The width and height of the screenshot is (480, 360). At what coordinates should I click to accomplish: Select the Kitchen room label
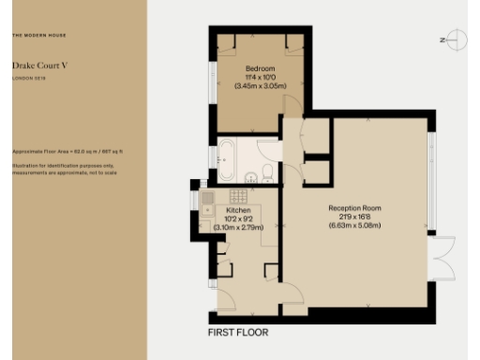[239, 211]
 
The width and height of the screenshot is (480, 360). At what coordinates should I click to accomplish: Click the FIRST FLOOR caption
[238, 333]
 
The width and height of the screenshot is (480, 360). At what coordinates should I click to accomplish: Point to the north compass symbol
[456, 39]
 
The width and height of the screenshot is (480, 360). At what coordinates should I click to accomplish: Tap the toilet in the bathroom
[267, 172]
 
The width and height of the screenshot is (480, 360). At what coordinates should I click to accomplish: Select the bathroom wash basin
[249, 178]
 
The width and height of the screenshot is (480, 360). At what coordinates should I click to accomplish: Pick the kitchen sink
[207, 199]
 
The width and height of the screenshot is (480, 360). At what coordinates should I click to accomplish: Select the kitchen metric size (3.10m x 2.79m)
[239, 227]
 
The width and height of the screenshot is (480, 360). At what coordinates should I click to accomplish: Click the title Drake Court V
[37, 67]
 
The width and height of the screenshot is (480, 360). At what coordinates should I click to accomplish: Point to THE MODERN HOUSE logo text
[39, 36]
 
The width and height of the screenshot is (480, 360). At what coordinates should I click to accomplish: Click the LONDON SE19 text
[28, 79]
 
